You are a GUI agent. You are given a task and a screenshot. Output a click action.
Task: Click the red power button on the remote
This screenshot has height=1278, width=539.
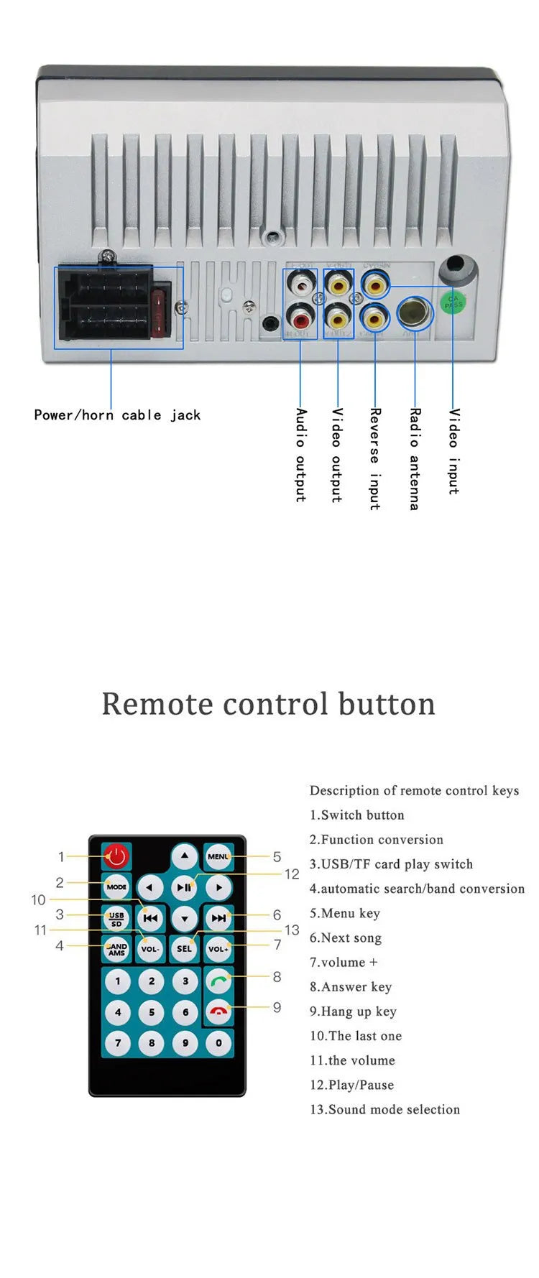point(116,856)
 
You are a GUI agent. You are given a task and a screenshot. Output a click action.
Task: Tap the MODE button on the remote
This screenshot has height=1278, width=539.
point(116,886)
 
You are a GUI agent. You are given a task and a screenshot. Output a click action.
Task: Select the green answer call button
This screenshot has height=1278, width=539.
point(218,980)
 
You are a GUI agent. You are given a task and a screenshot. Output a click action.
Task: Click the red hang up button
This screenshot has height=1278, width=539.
point(218,1011)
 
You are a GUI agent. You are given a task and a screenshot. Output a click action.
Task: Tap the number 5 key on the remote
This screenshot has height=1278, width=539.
point(152,1012)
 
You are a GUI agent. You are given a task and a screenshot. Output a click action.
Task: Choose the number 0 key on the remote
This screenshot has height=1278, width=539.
point(218,1042)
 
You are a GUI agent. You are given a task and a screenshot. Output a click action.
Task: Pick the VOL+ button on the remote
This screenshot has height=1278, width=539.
point(218,948)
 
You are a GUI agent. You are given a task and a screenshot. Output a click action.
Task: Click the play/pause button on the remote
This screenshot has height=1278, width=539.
point(185,887)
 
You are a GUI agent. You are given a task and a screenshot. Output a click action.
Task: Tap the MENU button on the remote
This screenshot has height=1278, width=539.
point(218,856)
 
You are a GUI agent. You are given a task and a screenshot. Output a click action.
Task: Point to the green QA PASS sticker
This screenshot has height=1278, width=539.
point(453,302)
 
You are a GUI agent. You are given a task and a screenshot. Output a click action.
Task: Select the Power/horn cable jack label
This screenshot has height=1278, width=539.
point(117,415)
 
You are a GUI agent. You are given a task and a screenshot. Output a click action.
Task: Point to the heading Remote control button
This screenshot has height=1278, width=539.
point(268,703)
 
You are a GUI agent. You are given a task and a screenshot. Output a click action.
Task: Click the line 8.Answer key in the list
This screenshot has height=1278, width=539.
point(351,986)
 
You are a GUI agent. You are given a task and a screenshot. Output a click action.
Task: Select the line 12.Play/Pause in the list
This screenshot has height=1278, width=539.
point(351,1085)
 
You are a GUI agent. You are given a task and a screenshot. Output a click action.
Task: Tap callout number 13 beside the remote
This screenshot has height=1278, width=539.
point(291,930)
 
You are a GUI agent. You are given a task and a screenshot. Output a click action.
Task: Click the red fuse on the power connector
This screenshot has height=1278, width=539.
point(162,314)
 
